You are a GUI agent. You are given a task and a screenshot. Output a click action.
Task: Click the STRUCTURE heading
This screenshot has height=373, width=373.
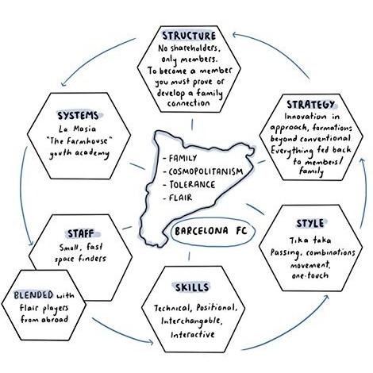(x=189, y=36)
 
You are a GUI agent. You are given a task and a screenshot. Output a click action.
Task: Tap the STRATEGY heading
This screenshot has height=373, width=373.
(x=310, y=105)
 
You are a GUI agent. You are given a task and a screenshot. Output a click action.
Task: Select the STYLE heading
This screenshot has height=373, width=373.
(x=310, y=224)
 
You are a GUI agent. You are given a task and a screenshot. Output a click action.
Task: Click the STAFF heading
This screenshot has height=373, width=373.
(x=81, y=233)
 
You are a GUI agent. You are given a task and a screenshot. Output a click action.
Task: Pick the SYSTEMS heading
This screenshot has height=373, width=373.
(x=78, y=116)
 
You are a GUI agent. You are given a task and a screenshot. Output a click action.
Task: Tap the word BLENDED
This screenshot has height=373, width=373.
(x=33, y=295)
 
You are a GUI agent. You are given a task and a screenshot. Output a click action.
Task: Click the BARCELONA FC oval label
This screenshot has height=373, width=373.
(x=211, y=231)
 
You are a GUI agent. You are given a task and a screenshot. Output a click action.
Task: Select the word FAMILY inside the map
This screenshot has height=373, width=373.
(x=183, y=158)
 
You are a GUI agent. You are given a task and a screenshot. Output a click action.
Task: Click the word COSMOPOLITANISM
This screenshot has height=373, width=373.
(x=206, y=171)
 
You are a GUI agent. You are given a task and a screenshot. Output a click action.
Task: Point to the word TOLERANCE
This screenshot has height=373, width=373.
(x=192, y=184)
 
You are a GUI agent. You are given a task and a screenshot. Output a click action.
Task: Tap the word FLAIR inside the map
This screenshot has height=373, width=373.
(x=181, y=198)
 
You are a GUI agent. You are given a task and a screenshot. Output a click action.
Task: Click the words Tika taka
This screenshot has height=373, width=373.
(x=310, y=240)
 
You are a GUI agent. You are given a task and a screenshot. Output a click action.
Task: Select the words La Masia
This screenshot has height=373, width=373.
(x=77, y=129)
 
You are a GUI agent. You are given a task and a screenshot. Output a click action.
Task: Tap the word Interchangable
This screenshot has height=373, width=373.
(x=192, y=321)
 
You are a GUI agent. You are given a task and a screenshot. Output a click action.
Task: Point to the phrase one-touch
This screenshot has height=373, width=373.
(x=310, y=275)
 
